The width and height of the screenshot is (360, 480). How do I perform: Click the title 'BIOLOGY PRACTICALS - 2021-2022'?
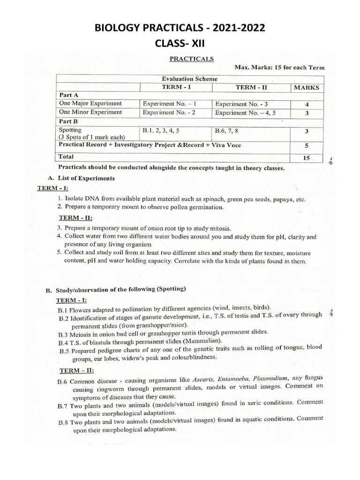tap(180, 29)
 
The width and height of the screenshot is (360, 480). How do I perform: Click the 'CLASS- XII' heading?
tap(180, 44)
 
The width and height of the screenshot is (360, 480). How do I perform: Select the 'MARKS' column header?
tap(306, 87)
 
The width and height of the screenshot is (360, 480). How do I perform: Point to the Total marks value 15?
tap(307, 158)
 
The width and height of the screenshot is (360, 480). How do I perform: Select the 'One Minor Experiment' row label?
tap(90, 112)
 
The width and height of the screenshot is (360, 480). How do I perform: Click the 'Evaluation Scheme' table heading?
tap(189, 79)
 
